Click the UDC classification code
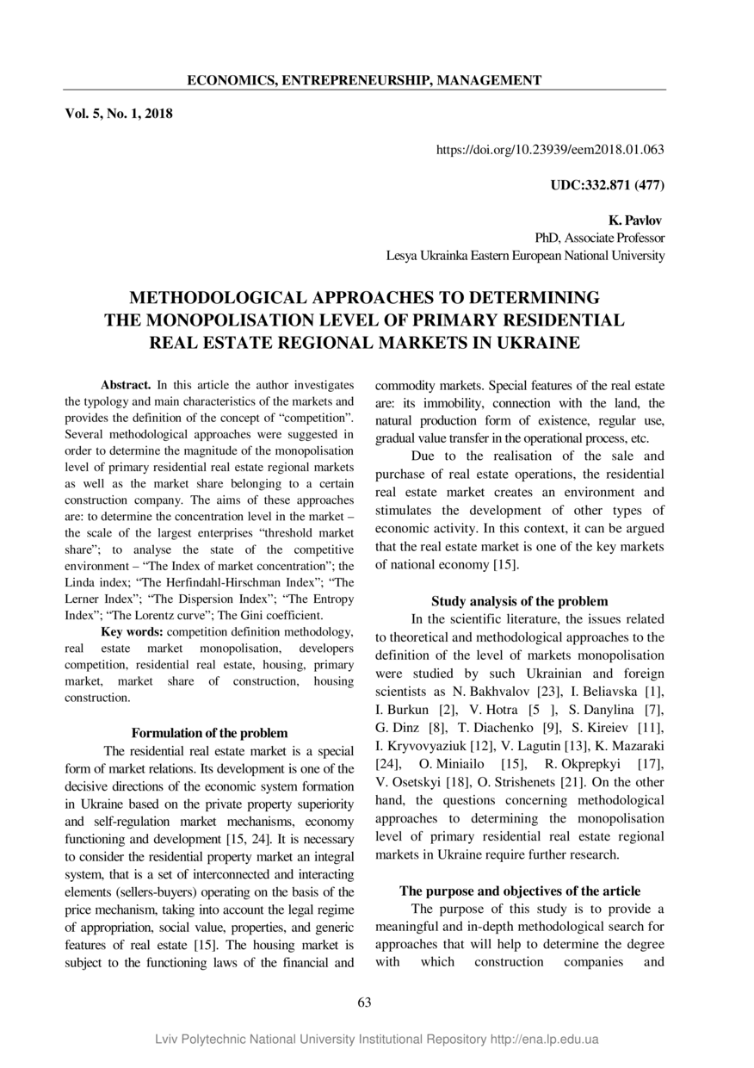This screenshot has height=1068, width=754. coord(607,184)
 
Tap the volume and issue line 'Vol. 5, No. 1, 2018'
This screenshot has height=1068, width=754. coord(119,114)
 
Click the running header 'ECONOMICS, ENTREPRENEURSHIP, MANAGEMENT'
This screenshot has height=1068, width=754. coord(364,80)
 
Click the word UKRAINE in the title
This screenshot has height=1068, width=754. coord(524,342)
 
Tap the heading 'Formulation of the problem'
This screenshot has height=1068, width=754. coord(209,733)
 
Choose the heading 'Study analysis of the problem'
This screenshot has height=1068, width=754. coord(519,601)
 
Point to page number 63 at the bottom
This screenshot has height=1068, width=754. coord(363,1002)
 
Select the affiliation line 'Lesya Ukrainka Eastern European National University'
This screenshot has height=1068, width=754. coord(525,256)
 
